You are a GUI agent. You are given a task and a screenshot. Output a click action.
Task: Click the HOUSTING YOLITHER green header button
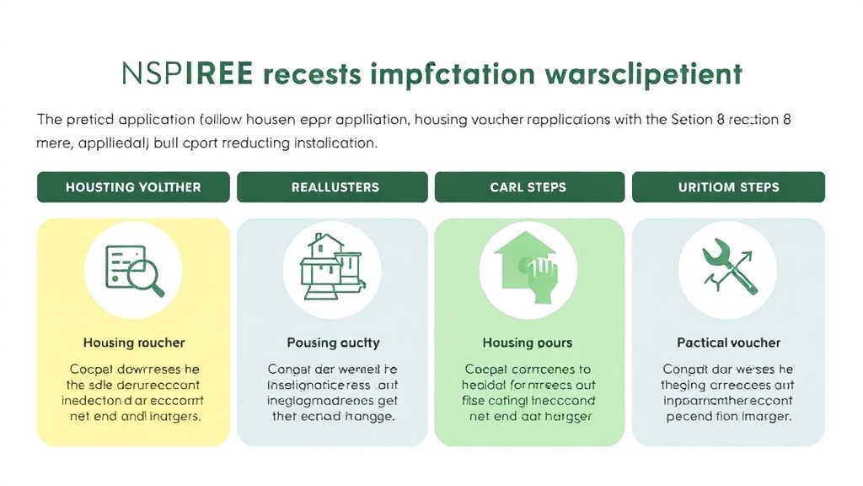click(133, 186)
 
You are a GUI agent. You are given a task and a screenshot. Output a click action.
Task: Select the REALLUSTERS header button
click(335, 186)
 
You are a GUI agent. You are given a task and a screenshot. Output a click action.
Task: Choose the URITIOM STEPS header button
click(728, 186)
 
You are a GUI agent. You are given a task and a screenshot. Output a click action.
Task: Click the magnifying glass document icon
click(133, 271)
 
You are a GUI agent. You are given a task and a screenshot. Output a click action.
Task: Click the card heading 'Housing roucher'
click(134, 343)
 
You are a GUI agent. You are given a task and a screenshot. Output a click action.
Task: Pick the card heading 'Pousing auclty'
click(333, 343)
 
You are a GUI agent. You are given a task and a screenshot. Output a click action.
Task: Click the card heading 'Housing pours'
click(528, 343)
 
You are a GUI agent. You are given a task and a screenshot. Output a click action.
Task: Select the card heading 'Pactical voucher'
click(728, 343)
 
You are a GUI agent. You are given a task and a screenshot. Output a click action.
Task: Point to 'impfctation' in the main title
click(451, 74)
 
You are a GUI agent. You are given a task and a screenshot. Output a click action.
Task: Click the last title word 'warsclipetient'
click(644, 73)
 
